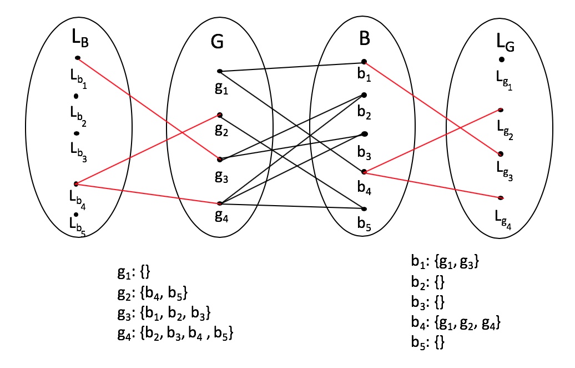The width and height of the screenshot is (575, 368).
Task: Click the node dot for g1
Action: coord(220,71)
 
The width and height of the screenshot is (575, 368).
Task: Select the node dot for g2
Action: coord(220,115)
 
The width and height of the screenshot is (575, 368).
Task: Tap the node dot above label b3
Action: coord(364,134)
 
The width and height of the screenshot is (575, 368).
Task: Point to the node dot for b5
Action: coord(364,209)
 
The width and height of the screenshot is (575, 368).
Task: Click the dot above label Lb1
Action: coord(78,58)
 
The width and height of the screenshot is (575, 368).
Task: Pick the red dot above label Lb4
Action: coord(76,183)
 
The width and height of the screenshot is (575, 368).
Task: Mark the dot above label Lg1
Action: coord(501,59)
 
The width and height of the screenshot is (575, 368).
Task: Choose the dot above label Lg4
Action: coord(501,198)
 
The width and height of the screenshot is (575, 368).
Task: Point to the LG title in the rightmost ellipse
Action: coord(506,43)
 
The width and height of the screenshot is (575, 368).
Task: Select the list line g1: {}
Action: coord(134,272)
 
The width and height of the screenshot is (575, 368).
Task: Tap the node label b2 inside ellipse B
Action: coord(365,113)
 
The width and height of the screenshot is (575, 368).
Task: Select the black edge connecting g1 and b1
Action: coord(291,67)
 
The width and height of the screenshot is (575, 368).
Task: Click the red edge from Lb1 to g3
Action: coord(149,108)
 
